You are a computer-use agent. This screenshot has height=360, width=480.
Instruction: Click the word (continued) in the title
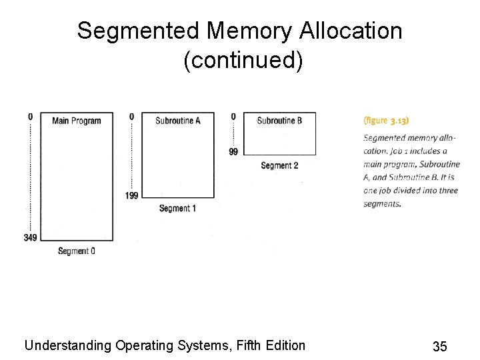[243, 61]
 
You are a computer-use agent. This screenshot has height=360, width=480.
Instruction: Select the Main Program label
[77, 121]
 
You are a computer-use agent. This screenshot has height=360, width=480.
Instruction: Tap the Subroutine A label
[177, 121]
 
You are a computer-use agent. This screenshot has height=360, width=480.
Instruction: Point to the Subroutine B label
[279, 121]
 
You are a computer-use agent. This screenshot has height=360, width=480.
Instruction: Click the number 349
[30, 238]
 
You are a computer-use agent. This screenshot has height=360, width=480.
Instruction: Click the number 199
[131, 195]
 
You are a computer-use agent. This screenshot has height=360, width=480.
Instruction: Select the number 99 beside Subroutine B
[233, 152]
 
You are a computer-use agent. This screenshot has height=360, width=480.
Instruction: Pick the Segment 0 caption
[76, 251]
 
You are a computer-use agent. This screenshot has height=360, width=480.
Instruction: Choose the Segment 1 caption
[177, 209]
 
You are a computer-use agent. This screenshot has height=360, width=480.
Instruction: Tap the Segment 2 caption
[279, 165]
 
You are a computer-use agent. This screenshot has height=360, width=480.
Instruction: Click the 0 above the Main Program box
[30, 117]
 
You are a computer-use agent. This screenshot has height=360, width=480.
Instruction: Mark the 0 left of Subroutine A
[131, 117]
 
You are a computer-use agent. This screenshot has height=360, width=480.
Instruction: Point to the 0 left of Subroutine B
[233, 117]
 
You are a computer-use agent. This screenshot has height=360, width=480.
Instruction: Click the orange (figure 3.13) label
[386, 121]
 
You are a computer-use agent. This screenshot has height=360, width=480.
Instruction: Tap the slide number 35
[439, 346]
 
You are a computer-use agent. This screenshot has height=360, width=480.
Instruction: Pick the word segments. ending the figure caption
[382, 204]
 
